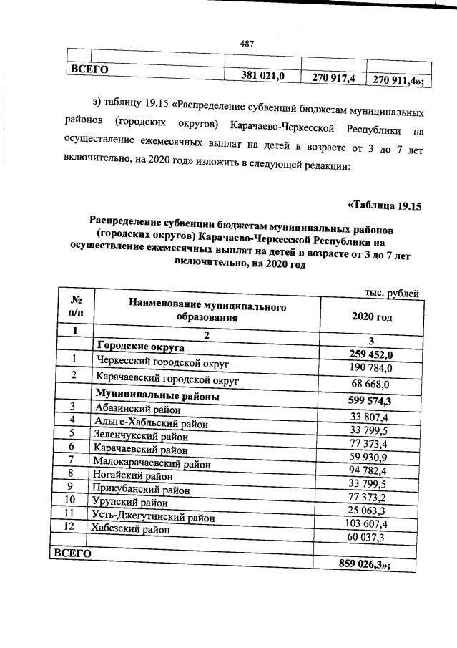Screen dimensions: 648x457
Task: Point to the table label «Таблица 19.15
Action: coord(385,206)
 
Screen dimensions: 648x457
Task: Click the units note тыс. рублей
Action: coord(390,292)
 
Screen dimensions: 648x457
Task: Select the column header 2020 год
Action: coord(373,316)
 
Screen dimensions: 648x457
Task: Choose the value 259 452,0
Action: coord(373,354)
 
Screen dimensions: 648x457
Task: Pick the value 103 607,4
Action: coord(372,524)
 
